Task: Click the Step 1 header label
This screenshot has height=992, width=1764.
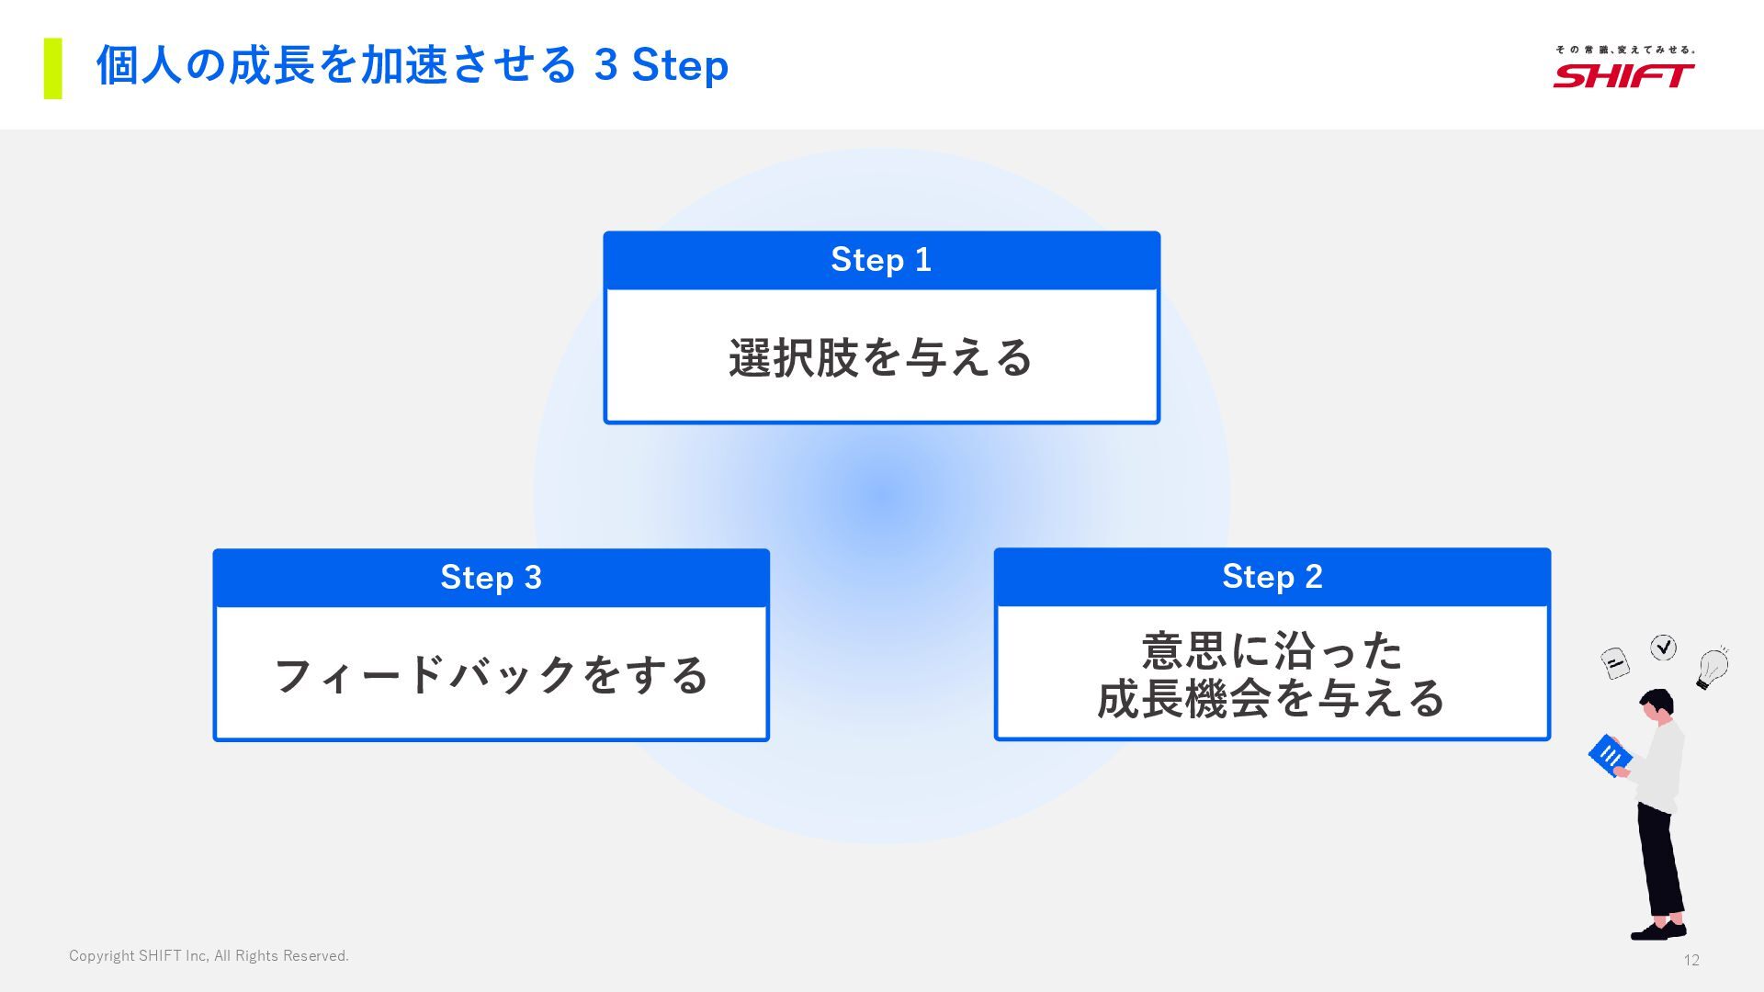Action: click(881, 260)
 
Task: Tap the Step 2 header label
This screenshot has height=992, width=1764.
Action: click(1272, 577)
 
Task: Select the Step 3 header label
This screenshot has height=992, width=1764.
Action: click(491, 578)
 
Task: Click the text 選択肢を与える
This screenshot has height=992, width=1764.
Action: click(881, 357)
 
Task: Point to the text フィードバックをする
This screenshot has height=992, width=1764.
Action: click(491, 675)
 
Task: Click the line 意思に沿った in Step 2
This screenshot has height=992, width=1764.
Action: click(1272, 651)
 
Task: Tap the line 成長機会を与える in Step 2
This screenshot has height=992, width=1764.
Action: click(1272, 698)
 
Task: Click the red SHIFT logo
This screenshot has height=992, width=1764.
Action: click(1623, 75)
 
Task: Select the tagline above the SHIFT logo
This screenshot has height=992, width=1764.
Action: click(1624, 50)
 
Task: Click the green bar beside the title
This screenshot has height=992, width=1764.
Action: click(53, 68)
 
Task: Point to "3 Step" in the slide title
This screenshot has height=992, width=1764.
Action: click(661, 65)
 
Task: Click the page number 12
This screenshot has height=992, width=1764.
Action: click(1691, 960)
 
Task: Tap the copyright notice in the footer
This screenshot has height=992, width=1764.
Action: click(209, 956)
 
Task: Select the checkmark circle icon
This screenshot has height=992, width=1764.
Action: click(1663, 648)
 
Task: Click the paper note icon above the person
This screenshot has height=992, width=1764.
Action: click(1614, 662)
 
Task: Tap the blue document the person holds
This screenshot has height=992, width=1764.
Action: click(1610, 755)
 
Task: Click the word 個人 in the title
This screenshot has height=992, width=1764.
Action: click(140, 65)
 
